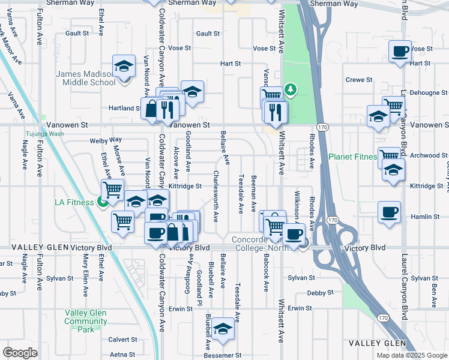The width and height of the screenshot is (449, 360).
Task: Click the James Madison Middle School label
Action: pyautogui.click(x=85, y=78)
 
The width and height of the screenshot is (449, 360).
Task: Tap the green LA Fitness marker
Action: pyautogui.click(x=103, y=203)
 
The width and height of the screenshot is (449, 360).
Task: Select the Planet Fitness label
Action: pyautogui.click(x=352, y=157)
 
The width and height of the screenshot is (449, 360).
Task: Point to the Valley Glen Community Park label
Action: pyautogui.click(x=86, y=321)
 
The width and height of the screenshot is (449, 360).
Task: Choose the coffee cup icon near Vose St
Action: pyautogui.click(x=400, y=51)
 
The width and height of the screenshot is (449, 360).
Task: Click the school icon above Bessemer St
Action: pyautogui.click(x=223, y=329)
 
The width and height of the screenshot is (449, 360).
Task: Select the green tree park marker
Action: pyautogui.click(x=291, y=90)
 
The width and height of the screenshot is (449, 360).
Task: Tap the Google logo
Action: pyautogui.click(x=20, y=352)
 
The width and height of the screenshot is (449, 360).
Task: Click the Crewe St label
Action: pyautogui.click(x=360, y=80)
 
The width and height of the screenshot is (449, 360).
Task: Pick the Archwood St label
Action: pyautogui.click(x=425, y=155)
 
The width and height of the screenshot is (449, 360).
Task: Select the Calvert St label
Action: pyautogui.click(x=122, y=340)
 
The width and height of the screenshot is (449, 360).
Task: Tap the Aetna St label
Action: pyautogui.click(x=122, y=355)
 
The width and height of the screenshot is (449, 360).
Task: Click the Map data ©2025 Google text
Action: pyautogui.click(x=411, y=355)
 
